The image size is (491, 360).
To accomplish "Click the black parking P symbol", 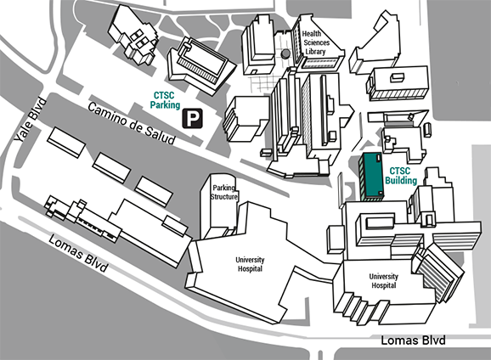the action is (193, 118).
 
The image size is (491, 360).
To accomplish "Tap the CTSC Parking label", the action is (165, 100).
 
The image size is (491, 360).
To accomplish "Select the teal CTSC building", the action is (371, 177).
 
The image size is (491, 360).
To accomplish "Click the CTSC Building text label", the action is (401, 176).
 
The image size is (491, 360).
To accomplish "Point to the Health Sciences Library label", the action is (316, 42).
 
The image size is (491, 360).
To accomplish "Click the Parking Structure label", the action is (224, 192).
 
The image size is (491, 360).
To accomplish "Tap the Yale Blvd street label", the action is (31, 121).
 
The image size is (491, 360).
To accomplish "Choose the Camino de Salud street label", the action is (132, 124).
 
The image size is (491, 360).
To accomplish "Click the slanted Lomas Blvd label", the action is (79, 254).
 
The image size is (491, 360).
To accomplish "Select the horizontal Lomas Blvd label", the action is (413, 340).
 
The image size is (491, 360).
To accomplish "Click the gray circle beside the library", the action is (285, 53).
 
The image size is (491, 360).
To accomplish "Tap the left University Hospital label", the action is (250, 264).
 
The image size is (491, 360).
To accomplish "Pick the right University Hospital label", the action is (384, 281).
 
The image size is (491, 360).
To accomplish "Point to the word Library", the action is (315, 52).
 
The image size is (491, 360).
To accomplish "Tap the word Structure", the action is (224, 197).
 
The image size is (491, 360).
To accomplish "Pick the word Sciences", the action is (317, 42).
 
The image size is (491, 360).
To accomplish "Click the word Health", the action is (312, 33).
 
